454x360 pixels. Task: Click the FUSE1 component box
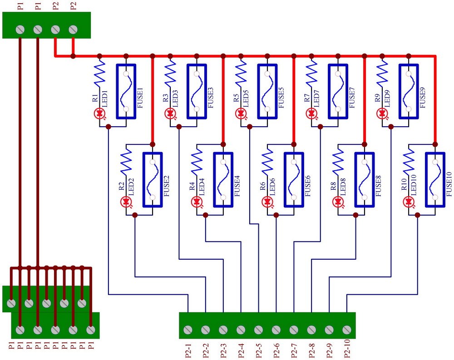tap(126, 91)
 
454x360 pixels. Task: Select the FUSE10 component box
tap(435, 179)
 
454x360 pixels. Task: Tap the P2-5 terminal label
tap(258, 349)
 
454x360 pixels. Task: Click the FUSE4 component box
tap(223, 179)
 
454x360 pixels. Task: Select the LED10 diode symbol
tap(409, 201)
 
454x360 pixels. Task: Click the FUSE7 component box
tap(338, 91)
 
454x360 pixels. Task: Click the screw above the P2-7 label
tap(294, 330)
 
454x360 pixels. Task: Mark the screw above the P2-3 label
tap(223, 330)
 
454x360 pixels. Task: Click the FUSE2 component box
tap(153, 179)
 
